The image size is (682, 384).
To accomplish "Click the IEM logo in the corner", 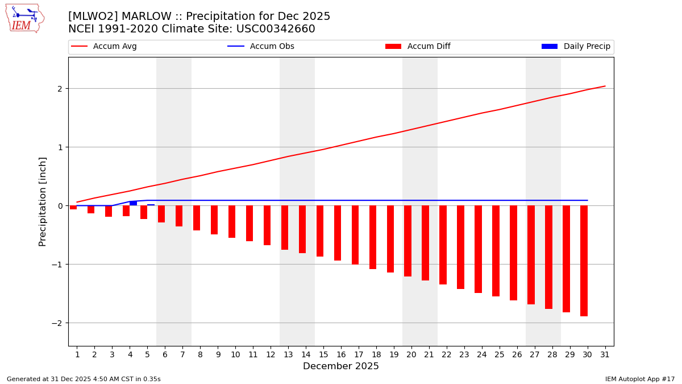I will tap(24, 18).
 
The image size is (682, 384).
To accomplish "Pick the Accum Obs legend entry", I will tap(272, 47).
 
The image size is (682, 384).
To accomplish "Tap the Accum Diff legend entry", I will tap(429, 47).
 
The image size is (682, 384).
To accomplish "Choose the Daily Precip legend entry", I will tap(587, 47).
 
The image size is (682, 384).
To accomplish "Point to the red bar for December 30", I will tap(584, 261).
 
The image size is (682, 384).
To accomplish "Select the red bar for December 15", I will tap(320, 231).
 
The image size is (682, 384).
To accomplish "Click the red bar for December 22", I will tap(443, 245).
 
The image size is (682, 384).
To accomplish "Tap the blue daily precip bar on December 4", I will tap(133, 203).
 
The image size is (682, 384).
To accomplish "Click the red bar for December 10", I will tap(232, 221).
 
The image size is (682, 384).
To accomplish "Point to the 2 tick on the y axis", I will tap(59, 89).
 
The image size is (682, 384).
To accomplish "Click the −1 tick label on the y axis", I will tap(57, 265).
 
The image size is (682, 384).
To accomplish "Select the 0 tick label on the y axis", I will tap(59, 206).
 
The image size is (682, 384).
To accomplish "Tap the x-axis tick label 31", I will tap(605, 354).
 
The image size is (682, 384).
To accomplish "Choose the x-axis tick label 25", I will tap(500, 354).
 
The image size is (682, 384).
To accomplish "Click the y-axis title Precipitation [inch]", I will tap(43, 201).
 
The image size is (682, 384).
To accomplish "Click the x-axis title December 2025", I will tap(340, 366).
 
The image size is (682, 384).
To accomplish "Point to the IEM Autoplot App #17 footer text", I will tap(639, 379).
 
